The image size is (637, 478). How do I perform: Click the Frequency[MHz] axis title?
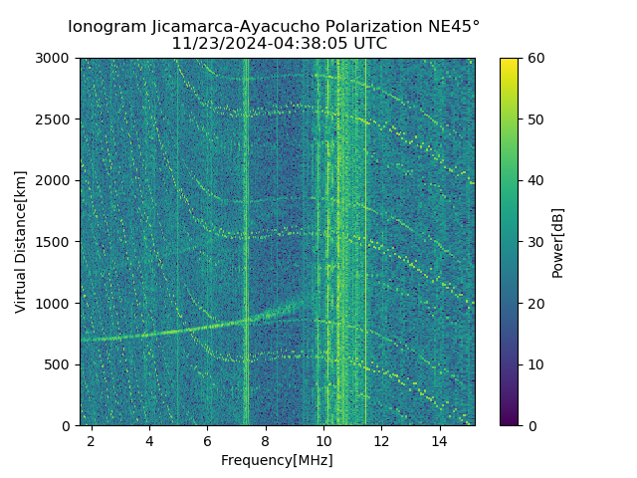[277, 460]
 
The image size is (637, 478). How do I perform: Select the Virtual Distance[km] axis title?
[21, 242]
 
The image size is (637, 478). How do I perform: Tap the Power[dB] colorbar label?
[558, 242]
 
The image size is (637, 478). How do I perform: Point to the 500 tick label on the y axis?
[59, 364]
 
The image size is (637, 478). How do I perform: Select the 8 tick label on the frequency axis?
[266, 440]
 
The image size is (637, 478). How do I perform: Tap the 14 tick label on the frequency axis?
[440, 440]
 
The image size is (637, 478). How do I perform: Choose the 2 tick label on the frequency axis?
[92, 440]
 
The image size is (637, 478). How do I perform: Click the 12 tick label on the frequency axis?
[382, 440]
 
